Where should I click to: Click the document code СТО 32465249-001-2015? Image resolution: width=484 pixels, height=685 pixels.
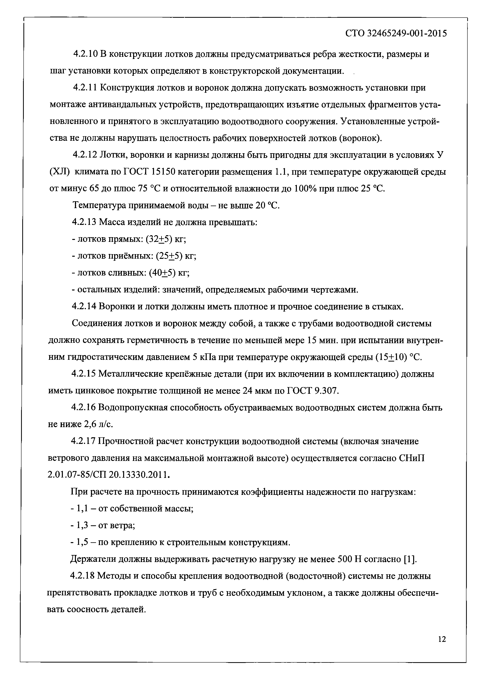click(396, 33)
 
